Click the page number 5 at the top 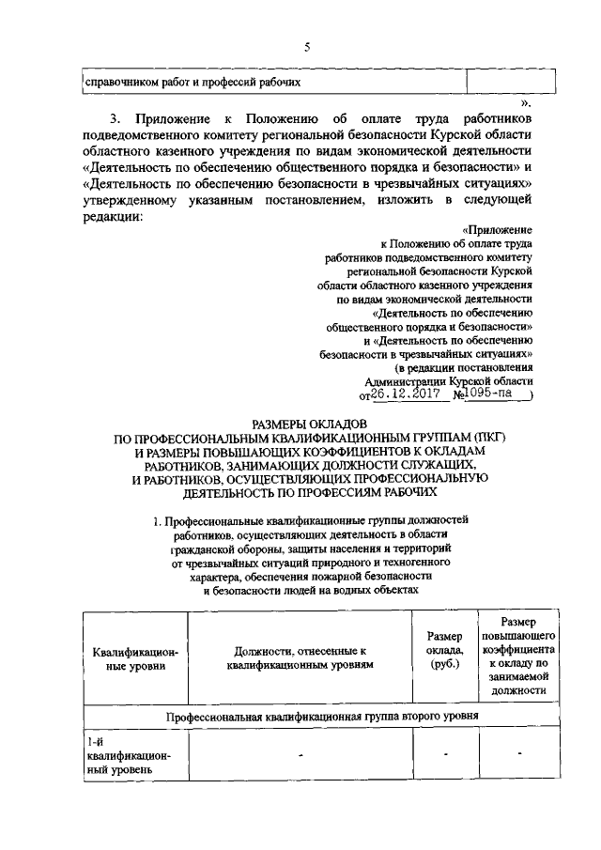coord(306,48)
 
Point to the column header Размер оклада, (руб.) coord(445,651)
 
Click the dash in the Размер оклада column coord(446,754)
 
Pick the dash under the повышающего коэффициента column coord(518,754)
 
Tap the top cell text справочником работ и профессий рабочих coord(193,82)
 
